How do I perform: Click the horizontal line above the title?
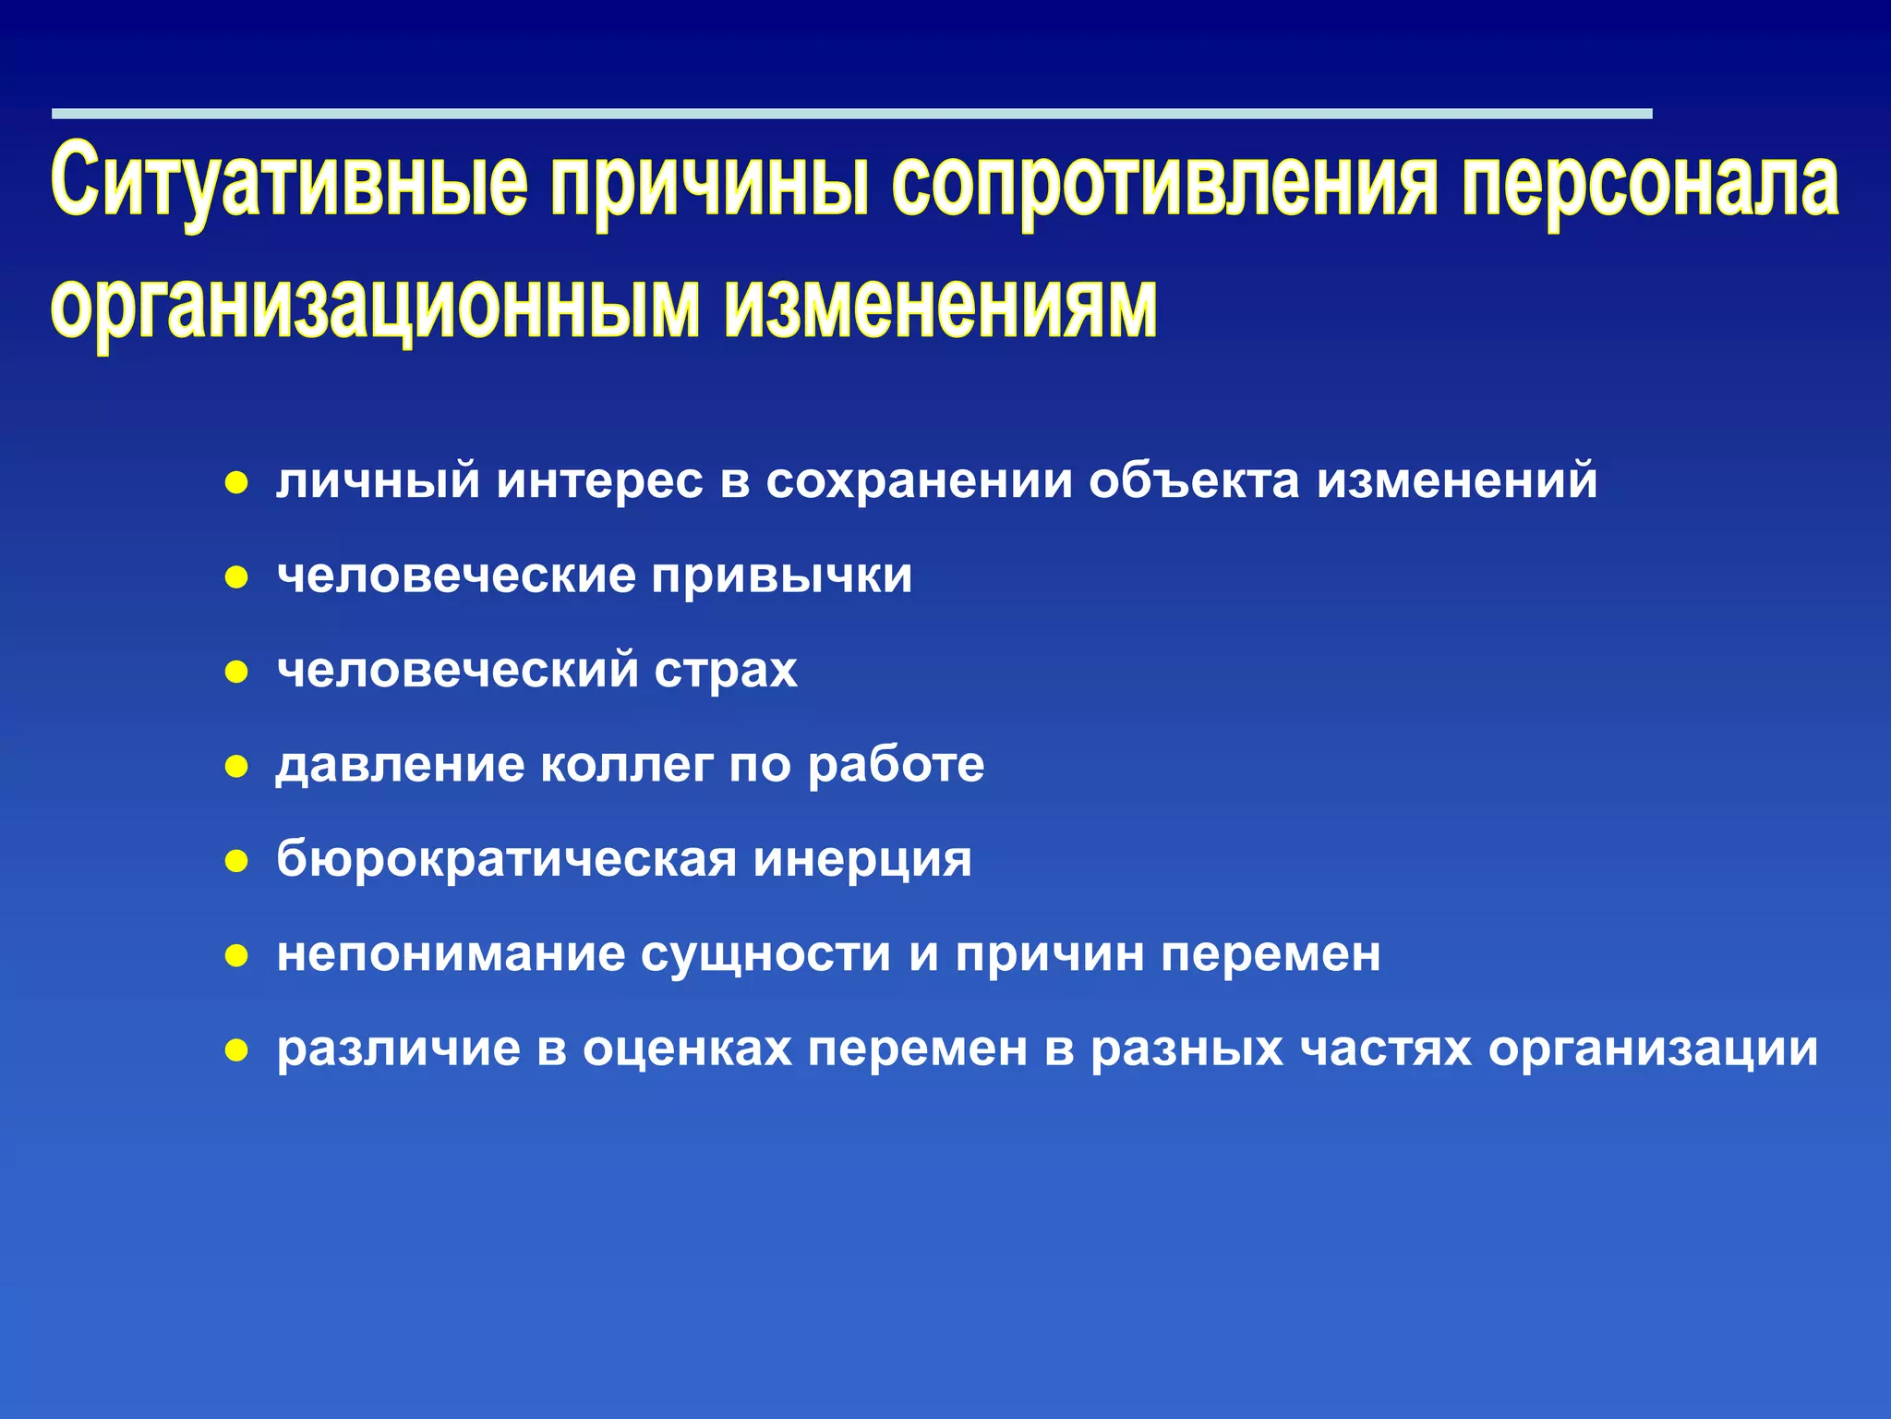(849, 114)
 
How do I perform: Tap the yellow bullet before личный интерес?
(237, 483)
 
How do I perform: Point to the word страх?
(726, 671)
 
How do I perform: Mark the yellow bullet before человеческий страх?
(237, 672)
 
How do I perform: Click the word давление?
(399, 765)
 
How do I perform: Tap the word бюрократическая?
(506, 860)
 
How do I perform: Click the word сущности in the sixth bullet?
(765, 954)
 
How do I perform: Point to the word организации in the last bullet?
(1653, 1049)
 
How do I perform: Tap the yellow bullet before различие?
(237, 1050)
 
